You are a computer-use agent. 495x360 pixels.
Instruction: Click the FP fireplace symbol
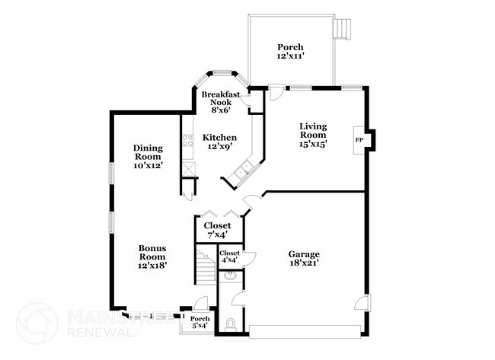[359, 140]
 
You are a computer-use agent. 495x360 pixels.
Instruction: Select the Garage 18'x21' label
[303, 258]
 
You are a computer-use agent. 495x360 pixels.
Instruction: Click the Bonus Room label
[152, 256]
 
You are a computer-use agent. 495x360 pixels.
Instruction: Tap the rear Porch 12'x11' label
[289, 52]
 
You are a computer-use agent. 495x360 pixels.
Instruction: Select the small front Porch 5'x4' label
[200, 322]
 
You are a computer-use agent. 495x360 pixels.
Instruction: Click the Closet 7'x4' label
[217, 230]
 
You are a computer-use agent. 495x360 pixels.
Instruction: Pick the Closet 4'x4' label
[229, 256]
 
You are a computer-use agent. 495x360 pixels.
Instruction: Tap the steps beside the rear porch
[343, 28]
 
